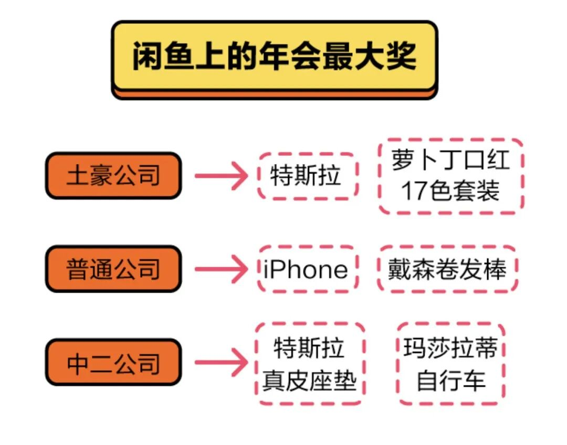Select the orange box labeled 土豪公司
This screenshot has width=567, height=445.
113,176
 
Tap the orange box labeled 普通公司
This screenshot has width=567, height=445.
113,269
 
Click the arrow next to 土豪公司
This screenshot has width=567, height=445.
220,176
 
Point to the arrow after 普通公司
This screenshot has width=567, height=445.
220,269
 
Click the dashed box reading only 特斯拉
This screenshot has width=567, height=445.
307,176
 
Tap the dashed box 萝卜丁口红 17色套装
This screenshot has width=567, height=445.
450,176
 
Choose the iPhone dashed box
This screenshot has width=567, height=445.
307,269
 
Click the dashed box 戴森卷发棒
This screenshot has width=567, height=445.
447,269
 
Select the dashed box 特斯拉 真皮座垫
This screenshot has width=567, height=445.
310,363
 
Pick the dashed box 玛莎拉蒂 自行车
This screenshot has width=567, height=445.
450,363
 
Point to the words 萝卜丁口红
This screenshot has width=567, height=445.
450,159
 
